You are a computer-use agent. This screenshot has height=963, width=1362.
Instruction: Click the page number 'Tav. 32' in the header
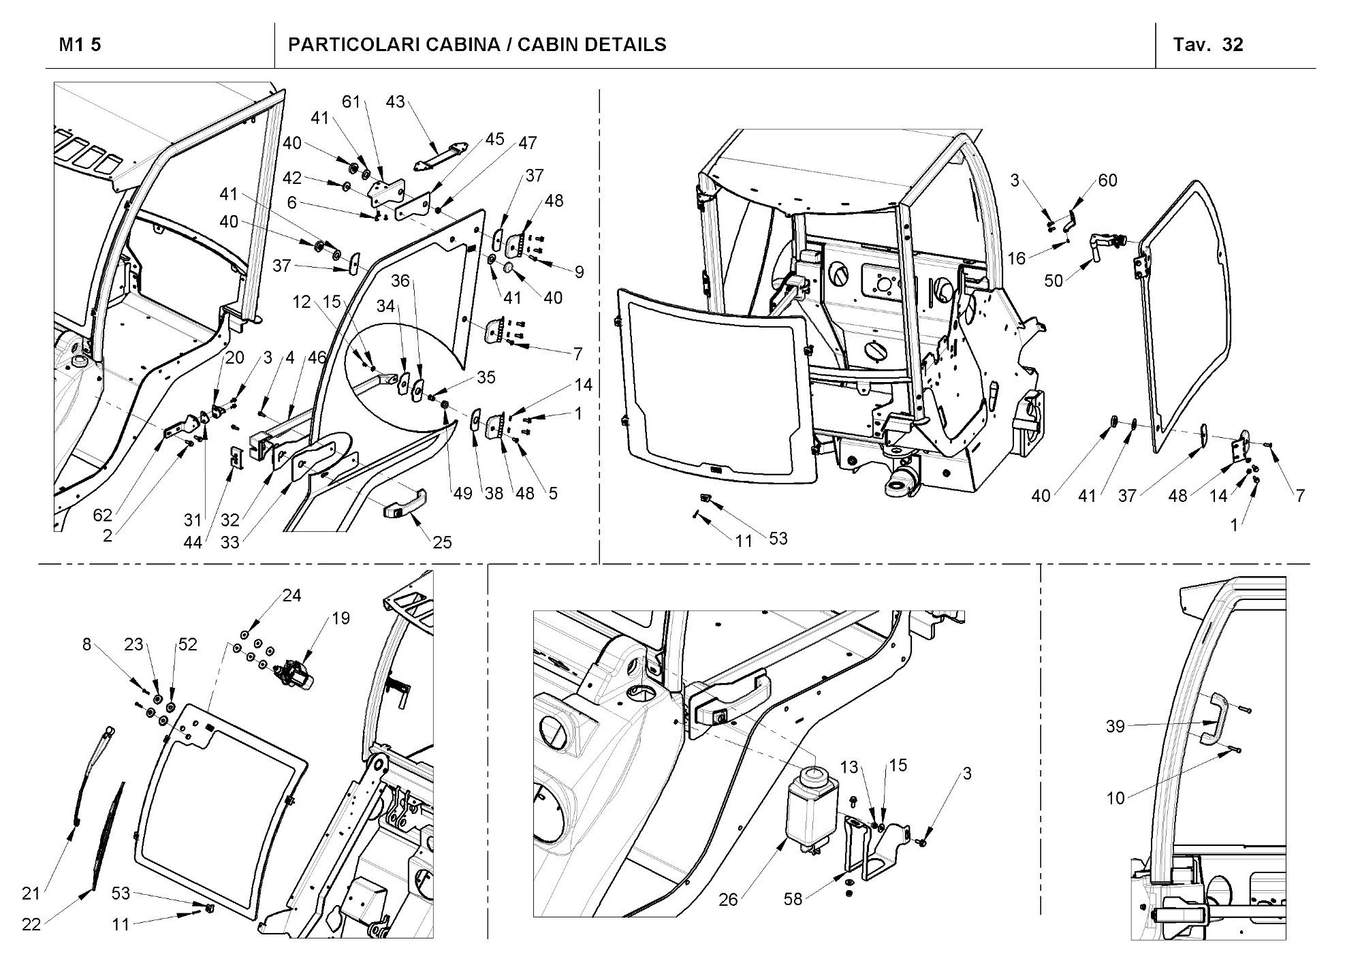tap(1207, 45)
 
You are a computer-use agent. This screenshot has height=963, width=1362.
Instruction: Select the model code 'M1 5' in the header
tap(80, 45)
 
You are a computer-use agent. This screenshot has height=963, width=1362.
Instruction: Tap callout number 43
tap(395, 102)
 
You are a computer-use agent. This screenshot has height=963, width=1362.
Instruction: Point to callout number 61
tap(351, 102)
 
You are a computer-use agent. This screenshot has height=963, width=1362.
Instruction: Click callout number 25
tap(442, 542)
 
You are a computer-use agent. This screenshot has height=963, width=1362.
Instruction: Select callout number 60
tap(1107, 180)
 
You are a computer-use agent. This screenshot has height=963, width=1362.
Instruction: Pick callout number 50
tap(1053, 281)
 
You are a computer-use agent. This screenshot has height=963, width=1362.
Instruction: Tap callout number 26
tap(728, 900)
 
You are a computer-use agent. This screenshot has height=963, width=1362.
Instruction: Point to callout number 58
tap(793, 900)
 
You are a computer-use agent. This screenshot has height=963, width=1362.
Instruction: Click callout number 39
tap(1115, 727)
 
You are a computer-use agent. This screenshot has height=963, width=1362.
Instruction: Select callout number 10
tap(1115, 798)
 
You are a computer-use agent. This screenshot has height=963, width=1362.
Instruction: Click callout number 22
tap(31, 924)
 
